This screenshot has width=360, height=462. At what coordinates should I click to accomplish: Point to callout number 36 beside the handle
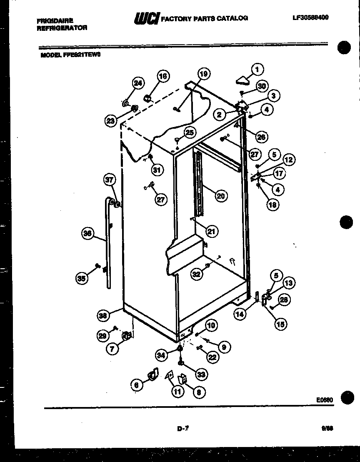[x=87, y=234]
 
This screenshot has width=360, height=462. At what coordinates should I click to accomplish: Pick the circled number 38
[x=102, y=315]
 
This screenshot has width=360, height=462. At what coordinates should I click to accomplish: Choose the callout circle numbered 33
[x=201, y=375]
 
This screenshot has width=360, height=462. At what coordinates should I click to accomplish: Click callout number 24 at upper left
[x=138, y=83]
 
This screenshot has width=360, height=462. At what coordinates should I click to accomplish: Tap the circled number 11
[x=177, y=391]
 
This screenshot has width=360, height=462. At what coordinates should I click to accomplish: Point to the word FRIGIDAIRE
[x=55, y=20]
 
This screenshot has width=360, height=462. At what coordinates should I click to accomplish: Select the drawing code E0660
[x=324, y=400]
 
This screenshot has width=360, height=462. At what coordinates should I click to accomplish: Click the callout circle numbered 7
[x=112, y=348]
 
